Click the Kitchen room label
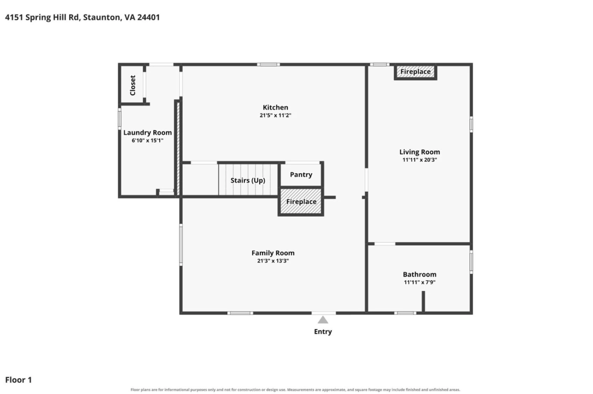(x=275, y=107)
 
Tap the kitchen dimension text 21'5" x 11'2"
(x=275, y=115)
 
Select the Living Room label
(x=420, y=152)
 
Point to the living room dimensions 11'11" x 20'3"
(x=420, y=160)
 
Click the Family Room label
(x=273, y=253)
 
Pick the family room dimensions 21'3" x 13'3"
(x=273, y=261)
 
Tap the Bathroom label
(x=420, y=274)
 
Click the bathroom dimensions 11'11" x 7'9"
(x=420, y=282)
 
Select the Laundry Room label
(x=148, y=133)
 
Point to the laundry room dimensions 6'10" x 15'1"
(x=148, y=140)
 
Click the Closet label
(x=133, y=85)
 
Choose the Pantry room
(x=301, y=175)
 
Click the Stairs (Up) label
(x=248, y=181)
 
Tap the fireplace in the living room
(x=415, y=71)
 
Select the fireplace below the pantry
(x=301, y=202)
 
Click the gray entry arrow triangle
(x=323, y=320)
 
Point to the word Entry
(x=323, y=332)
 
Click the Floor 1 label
(x=19, y=380)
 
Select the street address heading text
(x=82, y=17)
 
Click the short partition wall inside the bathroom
(x=423, y=302)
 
